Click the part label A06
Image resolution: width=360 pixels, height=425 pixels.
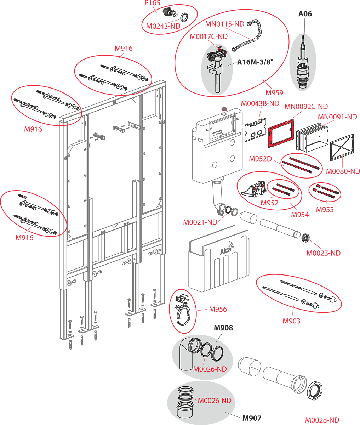coord(305,14)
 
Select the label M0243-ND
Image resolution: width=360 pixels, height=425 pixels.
coord(164,26)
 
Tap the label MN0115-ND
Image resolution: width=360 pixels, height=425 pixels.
coord(224,24)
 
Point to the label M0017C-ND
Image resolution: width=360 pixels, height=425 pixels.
coord(208,36)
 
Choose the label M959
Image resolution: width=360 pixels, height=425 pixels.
coord(274,93)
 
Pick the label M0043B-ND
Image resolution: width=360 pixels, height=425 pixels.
coord(260,104)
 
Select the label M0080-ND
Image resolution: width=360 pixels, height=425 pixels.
coord(343,171)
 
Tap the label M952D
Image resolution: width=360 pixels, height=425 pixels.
coord(260,159)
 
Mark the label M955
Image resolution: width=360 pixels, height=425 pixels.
coord(325,209)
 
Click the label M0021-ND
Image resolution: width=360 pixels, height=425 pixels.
coord(200,222)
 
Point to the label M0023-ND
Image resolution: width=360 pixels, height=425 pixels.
coord(323,253)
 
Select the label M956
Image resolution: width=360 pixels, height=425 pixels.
coord(218,309)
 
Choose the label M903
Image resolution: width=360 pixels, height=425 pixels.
coord(291,321)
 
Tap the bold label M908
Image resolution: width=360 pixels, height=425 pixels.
coord(224,328)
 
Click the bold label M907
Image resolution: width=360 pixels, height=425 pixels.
coord(252,418)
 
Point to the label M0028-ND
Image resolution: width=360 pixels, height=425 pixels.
coord(322,420)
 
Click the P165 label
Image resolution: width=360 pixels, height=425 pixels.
coord(152,3)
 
